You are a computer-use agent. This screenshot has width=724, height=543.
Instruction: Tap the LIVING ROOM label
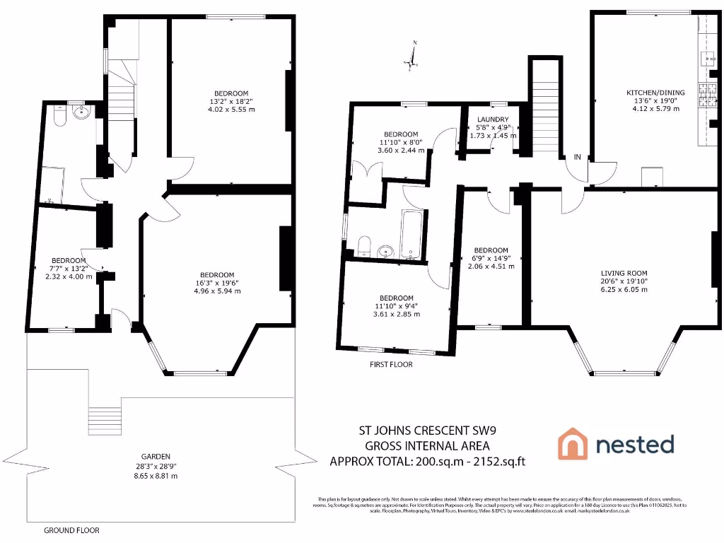click(624, 273)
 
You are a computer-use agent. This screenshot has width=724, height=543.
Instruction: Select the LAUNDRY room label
click(493, 119)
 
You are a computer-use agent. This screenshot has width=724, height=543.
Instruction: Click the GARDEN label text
click(155, 456)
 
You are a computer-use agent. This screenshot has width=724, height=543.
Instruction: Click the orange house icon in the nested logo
click(573, 444)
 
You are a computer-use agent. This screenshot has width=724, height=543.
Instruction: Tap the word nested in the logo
click(634, 444)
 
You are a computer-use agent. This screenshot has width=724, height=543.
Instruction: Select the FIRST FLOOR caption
click(391, 365)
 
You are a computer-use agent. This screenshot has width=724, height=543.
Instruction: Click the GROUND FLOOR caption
click(71, 530)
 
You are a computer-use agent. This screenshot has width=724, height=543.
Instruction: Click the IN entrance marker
click(578, 157)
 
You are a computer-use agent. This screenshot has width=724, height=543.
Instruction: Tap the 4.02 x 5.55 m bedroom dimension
click(231, 110)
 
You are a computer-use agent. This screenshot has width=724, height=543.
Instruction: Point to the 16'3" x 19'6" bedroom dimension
click(216, 284)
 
